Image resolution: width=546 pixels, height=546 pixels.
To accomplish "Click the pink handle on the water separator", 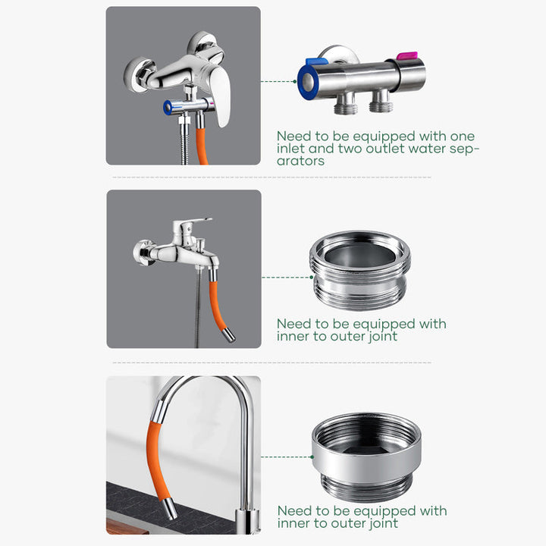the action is [x=407, y=55].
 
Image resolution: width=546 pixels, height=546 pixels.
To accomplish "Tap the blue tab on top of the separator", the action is [x=317, y=61].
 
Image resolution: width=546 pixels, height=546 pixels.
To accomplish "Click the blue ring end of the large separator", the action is [x=307, y=82].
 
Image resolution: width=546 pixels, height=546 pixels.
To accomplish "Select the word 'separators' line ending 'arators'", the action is [x=300, y=161].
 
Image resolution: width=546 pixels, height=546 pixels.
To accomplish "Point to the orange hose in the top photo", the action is [x=202, y=146].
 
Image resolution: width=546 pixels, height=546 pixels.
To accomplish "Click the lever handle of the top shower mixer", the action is [x=221, y=96].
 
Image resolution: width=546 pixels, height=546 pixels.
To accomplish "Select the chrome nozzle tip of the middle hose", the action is [x=229, y=334].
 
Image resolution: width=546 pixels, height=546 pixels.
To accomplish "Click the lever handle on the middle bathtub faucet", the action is [x=192, y=224].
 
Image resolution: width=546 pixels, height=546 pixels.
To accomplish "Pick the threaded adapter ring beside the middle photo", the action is [x=360, y=270].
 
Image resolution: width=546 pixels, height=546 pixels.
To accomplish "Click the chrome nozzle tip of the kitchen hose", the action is [x=171, y=508].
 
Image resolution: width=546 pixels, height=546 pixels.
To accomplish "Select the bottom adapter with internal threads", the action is [x=366, y=457].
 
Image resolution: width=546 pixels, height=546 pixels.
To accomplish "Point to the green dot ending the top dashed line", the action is [x=295, y=81].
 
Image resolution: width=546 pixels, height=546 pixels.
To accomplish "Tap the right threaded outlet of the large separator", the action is [x=381, y=101].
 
